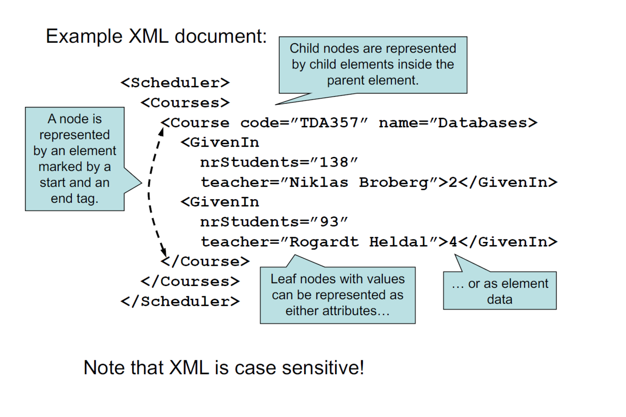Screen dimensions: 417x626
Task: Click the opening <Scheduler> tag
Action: (175, 83)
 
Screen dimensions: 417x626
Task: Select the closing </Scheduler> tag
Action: (180, 301)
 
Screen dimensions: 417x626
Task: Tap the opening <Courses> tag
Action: (185, 103)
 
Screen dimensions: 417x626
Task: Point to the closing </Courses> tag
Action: (190, 281)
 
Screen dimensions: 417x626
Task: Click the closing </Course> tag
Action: (205, 262)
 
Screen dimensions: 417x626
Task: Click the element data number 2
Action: (453, 182)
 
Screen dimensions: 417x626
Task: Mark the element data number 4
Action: (453, 242)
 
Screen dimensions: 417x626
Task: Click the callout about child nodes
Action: (373, 64)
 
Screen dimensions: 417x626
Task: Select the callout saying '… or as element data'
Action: (499, 291)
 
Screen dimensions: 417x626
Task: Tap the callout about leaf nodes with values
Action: (337, 295)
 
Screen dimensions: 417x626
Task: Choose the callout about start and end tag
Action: (75, 159)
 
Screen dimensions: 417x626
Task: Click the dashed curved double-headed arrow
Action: (149, 188)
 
